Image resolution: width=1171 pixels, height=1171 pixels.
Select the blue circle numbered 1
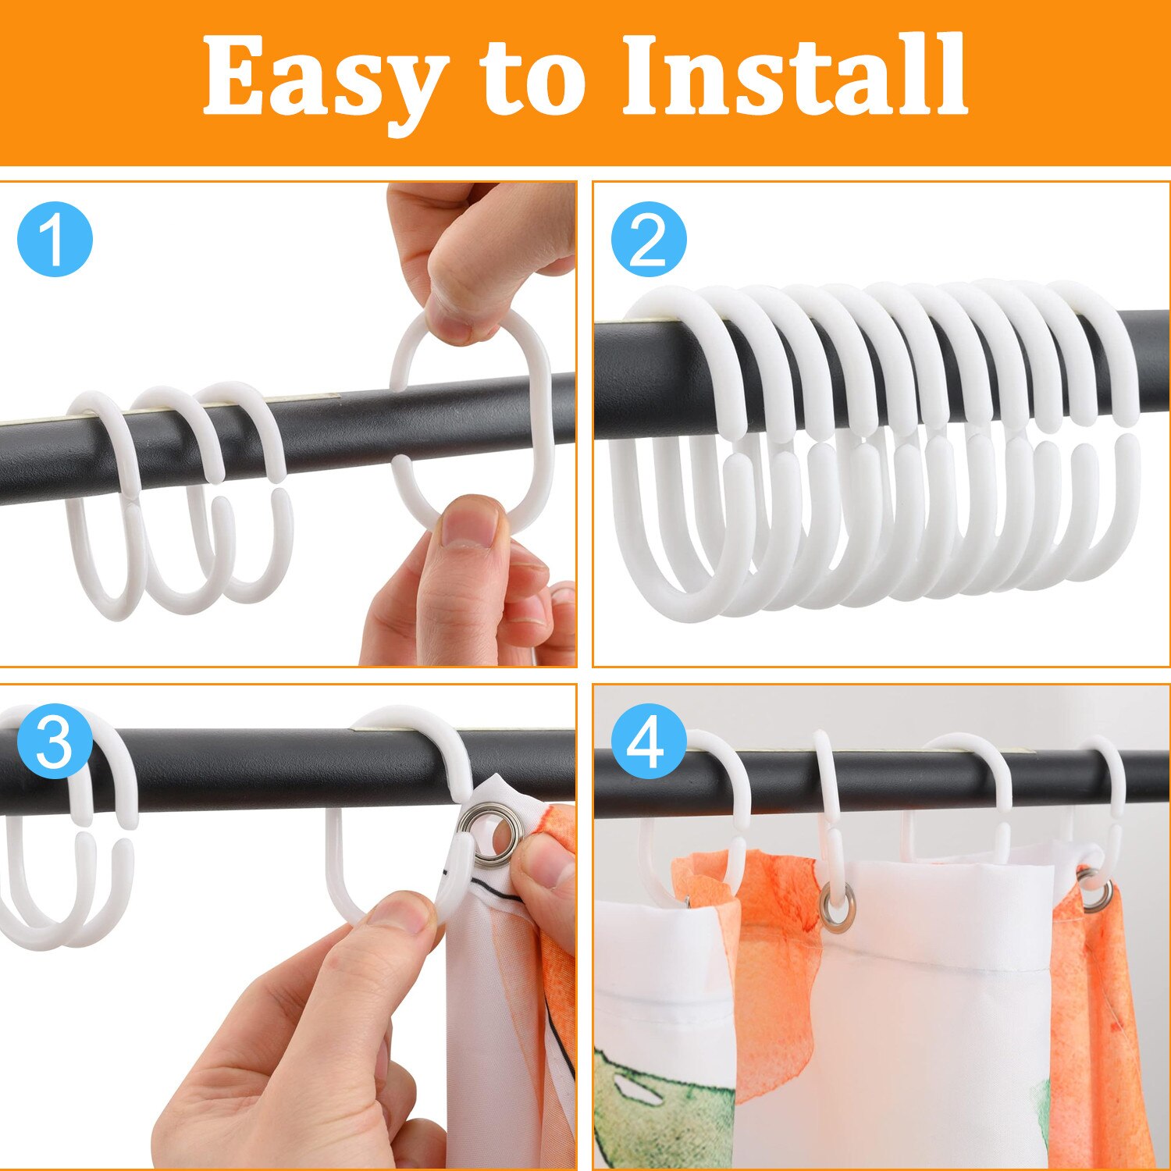pos(55,240)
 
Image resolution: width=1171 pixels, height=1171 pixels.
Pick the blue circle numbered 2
pos(649,240)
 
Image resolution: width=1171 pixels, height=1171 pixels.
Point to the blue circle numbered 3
pos(55,743)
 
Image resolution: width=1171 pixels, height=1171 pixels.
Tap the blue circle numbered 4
pos(649,743)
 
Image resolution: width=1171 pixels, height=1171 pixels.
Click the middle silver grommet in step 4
pos(838,907)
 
